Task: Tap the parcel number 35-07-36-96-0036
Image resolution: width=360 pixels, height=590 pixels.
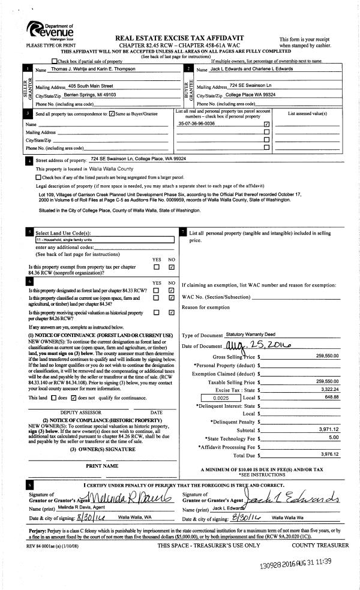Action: [197, 124]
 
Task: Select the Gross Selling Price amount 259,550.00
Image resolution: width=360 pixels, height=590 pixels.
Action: [327, 356]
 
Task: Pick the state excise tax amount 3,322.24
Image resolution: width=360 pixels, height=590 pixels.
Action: [329, 389]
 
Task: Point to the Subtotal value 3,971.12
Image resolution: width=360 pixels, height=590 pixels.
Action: [328, 430]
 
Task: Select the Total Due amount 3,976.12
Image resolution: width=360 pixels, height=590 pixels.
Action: [328, 455]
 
